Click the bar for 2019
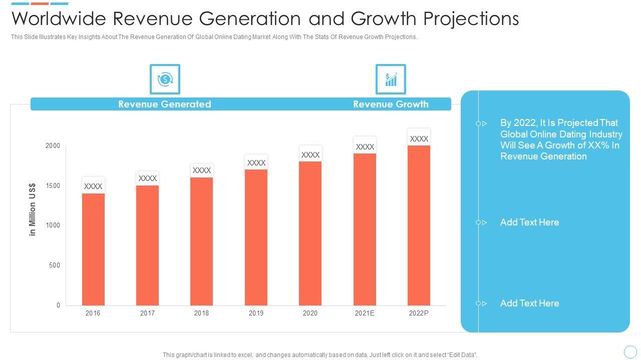[x=256, y=237]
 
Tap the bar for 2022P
[x=419, y=225]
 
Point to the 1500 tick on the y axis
[x=54, y=185]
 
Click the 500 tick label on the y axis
[x=55, y=265]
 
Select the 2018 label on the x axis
[x=201, y=313]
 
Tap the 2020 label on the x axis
[x=310, y=313]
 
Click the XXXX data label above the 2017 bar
[x=148, y=178]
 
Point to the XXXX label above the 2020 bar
[x=310, y=155]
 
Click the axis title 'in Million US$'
[x=33, y=209]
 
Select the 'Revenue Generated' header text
[x=165, y=104]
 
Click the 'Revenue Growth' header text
[x=391, y=104]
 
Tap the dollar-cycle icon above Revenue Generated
[x=165, y=79]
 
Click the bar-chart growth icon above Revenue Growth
[x=391, y=79]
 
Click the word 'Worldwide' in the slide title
[x=59, y=18]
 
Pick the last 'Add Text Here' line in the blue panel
[x=529, y=303]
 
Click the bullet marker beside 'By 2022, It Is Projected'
[x=481, y=123]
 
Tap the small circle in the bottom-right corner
[x=630, y=351]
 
